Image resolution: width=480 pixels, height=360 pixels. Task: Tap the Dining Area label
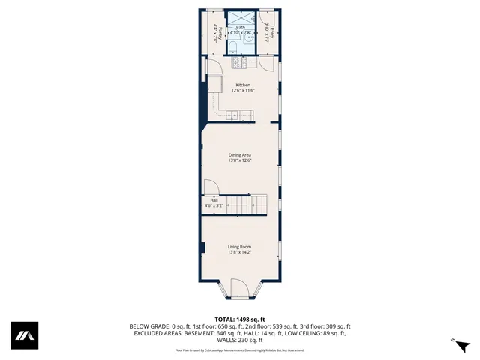point(239,155)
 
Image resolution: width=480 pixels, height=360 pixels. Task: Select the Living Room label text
point(239,247)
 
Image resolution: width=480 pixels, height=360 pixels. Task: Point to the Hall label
point(214,200)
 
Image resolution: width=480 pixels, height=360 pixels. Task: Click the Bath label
point(240,27)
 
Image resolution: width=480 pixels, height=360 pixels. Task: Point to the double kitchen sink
point(232,115)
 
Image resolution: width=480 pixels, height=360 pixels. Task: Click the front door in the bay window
point(239,288)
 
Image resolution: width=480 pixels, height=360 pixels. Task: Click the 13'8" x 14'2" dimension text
point(239,252)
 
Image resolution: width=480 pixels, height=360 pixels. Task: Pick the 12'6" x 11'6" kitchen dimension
point(244,90)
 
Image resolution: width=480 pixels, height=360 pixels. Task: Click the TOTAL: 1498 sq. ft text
point(239,319)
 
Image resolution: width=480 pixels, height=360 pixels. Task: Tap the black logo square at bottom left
point(24,335)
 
